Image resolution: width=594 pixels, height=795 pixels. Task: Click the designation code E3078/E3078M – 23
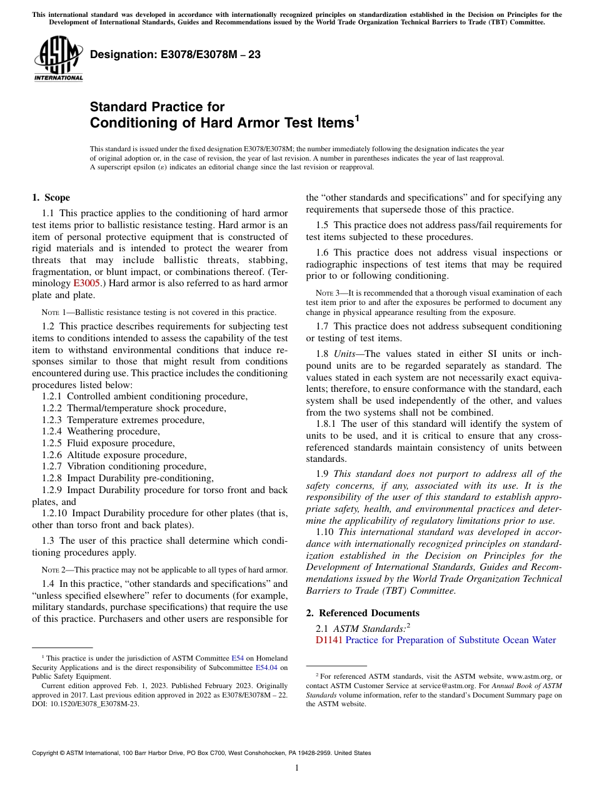pyautogui.click(x=175, y=55)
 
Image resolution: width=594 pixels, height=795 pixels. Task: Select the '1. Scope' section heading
pyautogui.click(x=51, y=197)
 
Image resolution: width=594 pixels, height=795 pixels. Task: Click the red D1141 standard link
pyautogui.click(x=330, y=640)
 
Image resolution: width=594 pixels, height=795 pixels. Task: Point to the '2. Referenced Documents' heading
pyautogui.click(x=363, y=612)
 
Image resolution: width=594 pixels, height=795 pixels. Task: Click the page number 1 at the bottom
pyautogui.click(x=297, y=768)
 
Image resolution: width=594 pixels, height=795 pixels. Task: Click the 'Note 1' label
pyautogui.click(x=53, y=312)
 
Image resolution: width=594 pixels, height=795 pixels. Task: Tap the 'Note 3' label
pyautogui.click(x=328, y=293)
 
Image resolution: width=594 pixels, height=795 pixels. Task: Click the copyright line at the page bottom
pyautogui.click(x=201, y=753)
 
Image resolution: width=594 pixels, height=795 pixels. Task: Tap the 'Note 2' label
pyautogui.click(x=53, y=569)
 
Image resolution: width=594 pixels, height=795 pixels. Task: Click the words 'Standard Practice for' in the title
pyautogui.click(x=157, y=107)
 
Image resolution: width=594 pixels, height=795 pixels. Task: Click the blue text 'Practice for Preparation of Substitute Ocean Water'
pyautogui.click(x=450, y=640)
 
